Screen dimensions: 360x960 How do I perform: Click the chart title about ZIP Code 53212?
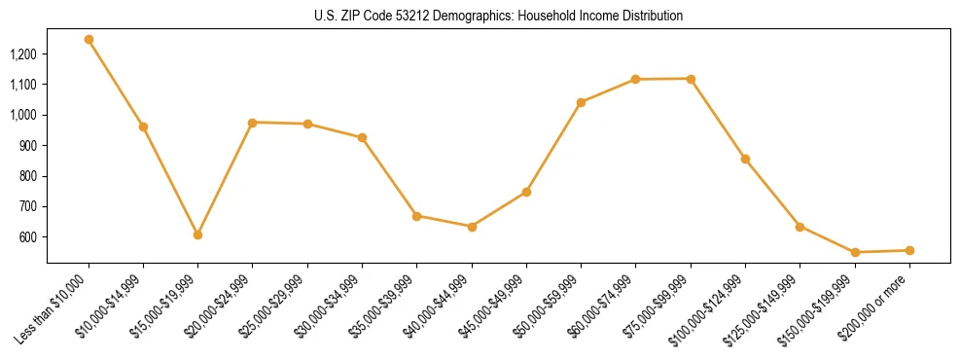[499, 17]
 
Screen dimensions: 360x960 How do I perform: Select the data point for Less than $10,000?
[89, 40]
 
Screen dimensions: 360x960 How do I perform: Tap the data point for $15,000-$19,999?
[197, 234]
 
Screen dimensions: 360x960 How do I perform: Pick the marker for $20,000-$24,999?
[252, 123]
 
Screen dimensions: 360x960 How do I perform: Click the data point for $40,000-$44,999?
[472, 227]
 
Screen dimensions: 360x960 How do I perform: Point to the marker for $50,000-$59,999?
[581, 102]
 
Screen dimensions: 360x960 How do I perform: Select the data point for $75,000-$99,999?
[691, 79]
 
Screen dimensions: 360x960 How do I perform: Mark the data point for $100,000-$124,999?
[745, 159]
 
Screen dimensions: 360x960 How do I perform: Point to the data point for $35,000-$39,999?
[416, 216]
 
